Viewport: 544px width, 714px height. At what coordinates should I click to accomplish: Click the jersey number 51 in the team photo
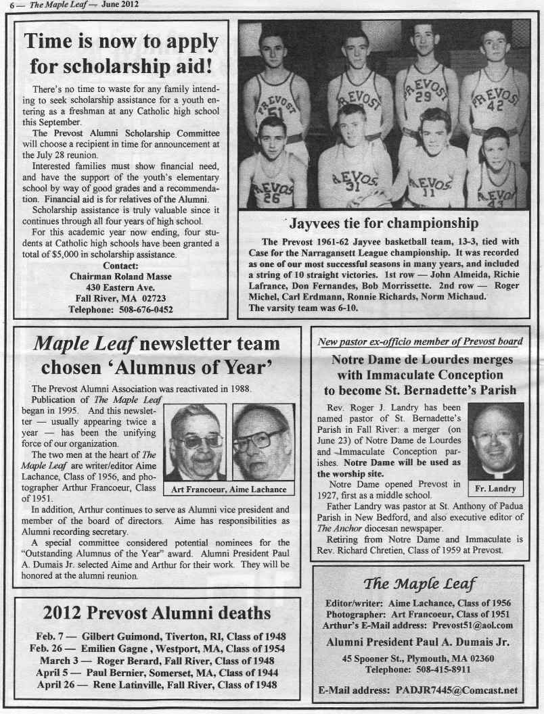tap(273, 112)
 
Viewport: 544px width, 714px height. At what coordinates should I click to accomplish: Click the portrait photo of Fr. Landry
tap(496, 442)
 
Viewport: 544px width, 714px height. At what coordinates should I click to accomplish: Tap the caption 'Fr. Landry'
tap(496, 488)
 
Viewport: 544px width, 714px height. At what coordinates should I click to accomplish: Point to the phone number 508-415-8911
tap(447, 669)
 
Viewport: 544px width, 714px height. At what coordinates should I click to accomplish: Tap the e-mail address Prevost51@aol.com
tap(474, 625)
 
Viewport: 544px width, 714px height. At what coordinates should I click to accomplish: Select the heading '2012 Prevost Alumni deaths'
tap(157, 613)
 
